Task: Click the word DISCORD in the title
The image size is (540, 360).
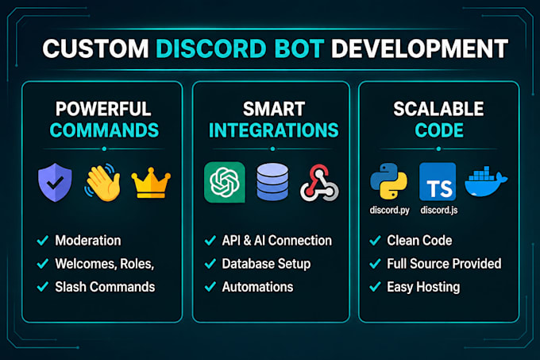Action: [211, 48]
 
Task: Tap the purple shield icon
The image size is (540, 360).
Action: [55, 182]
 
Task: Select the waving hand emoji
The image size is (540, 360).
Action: [102, 182]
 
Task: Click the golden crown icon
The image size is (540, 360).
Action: [151, 183]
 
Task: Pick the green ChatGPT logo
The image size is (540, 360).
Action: [225, 182]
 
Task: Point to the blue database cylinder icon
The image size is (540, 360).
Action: [272, 182]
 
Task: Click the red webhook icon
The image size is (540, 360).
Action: [319, 183]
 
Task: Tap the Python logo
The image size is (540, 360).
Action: [389, 181]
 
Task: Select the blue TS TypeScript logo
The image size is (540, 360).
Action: [438, 181]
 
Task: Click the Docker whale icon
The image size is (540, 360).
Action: [485, 181]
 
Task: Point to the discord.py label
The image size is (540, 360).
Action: [389, 210]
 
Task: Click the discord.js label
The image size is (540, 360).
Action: [439, 210]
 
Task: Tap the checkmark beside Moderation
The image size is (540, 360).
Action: [42, 241]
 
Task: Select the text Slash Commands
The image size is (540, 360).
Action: [105, 287]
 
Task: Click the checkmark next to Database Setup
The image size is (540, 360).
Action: [210, 264]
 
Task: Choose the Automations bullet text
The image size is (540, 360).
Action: [257, 287]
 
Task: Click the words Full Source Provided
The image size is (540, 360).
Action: [444, 264]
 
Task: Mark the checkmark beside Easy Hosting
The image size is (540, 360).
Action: [375, 287]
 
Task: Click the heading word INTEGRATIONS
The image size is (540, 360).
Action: [274, 130]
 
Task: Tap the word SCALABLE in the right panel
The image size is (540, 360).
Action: [438, 109]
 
